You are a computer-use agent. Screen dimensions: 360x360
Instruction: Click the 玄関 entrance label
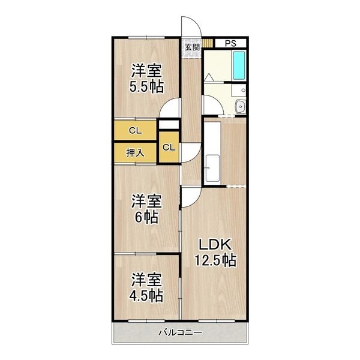[x=192, y=47]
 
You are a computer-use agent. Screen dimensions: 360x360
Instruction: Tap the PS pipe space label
[x=230, y=43]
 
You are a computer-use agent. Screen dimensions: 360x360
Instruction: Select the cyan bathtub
[x=239, y=65]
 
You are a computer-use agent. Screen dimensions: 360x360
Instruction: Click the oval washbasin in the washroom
[x=241, y=106]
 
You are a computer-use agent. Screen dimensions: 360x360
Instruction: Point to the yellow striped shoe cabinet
[x=208, y=43]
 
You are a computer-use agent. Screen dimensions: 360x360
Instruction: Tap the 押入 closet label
[x=135, y=152]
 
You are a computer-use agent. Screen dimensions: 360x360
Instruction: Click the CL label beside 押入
[x=169, y=148]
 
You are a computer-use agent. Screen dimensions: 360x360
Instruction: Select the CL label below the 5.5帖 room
[x=135, y=131]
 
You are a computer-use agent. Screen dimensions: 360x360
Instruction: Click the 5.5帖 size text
[x=146, y=87]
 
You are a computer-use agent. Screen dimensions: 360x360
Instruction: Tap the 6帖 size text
[x=146, y=217]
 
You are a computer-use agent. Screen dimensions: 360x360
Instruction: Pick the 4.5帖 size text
[x=146, y=296]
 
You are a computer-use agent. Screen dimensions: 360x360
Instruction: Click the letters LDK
[x=215, y=245]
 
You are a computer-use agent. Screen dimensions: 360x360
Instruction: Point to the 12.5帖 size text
[x=215, y=260]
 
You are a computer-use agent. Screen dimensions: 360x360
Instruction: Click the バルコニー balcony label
[x=181, y=332]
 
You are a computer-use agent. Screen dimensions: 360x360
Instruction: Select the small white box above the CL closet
[x=169, y=124]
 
